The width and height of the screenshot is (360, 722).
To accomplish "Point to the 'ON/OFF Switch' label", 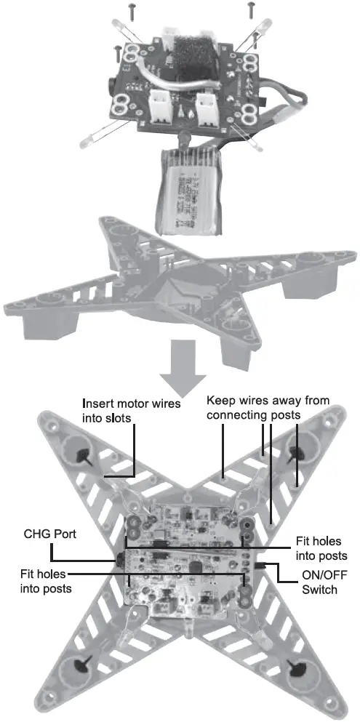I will (319, 582).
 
